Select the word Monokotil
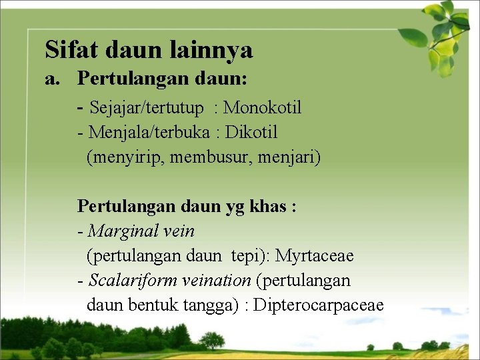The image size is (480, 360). point(263,107)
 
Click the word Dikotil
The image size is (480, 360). point(251,132)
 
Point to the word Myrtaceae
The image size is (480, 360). point(315,256)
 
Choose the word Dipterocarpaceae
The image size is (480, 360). point(319,305)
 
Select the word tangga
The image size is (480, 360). point(213,305)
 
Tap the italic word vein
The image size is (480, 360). point(179,231)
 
